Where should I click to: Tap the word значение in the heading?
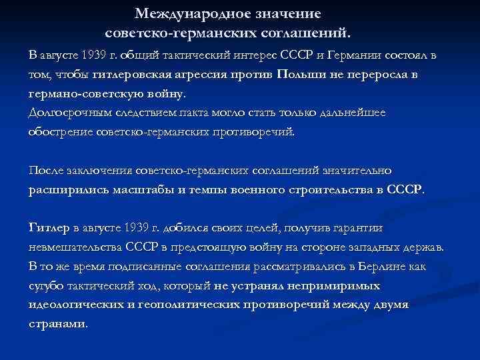pos(291,13)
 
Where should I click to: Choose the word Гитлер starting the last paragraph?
pos(48,228)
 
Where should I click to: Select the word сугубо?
pos(45,286)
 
